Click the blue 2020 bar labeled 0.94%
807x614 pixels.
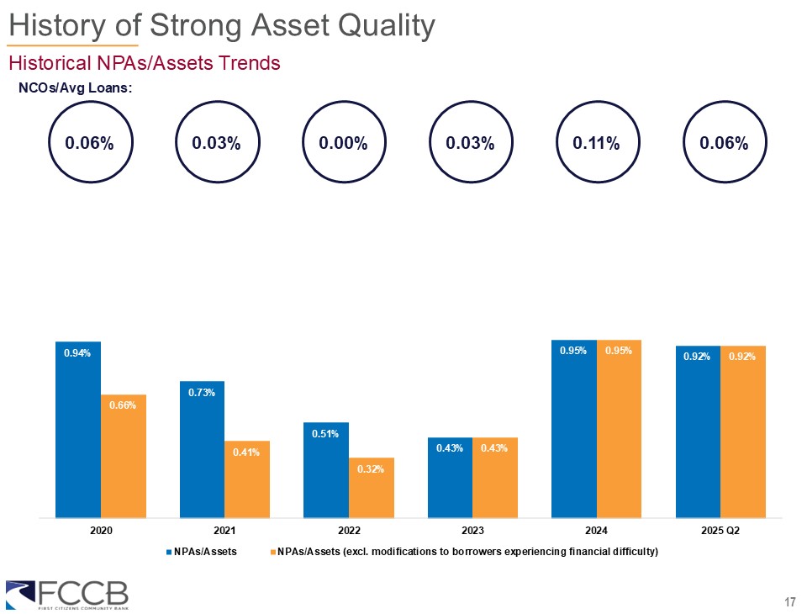coord(78,429)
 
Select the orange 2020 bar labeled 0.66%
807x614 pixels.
coord(124,456)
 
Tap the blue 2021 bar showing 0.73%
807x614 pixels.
coord(202,449)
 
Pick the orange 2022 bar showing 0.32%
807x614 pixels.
coord(372,488)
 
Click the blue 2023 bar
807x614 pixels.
coord(450,478)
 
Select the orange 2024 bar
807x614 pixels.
coord(619,429)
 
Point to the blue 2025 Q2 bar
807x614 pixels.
coord(698,431)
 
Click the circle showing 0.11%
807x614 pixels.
coord(596,143)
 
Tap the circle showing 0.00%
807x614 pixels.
coord(343,143)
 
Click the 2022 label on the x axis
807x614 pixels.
coord(349,532)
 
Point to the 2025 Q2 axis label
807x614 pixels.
coord(720,532)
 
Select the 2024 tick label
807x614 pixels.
coord(596,532)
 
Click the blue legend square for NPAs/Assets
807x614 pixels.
coord(168,552)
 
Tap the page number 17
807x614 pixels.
coord(789,601)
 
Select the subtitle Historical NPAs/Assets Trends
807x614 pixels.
coord(144,63)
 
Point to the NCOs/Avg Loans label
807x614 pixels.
coord(76,87)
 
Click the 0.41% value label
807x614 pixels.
coord(247,453)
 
